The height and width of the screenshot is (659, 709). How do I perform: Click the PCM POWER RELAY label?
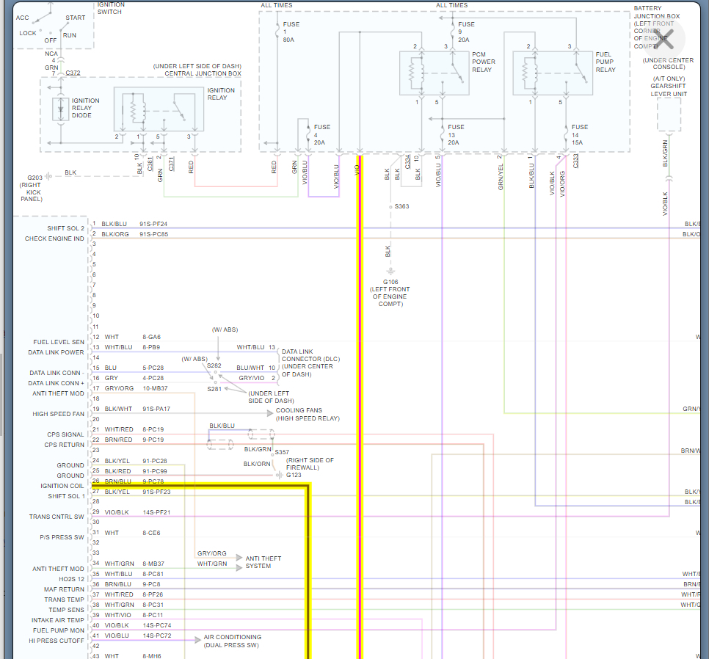pos(484,62)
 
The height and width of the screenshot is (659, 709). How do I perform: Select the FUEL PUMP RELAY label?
pos(606,62)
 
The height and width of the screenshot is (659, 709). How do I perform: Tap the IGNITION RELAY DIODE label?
pos(85,108)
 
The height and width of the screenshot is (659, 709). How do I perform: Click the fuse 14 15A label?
pos(579,134)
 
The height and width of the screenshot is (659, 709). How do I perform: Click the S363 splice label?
pos(401,206)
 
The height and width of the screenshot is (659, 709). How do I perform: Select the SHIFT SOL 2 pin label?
pos(65,228)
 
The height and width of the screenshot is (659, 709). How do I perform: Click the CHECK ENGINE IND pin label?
pos(54,239)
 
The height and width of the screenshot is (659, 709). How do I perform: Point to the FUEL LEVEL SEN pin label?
pos(59,342)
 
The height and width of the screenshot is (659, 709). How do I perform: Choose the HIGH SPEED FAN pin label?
pos(58,414)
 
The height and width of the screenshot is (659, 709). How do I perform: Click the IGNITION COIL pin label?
pos(62,486)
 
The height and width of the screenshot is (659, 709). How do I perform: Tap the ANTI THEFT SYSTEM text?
pos(263,562)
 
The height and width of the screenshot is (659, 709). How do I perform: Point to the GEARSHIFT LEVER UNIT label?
pos(669,90)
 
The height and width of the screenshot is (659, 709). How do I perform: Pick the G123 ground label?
pos(294,475)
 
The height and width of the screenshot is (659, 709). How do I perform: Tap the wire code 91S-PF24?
pos(153,224)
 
